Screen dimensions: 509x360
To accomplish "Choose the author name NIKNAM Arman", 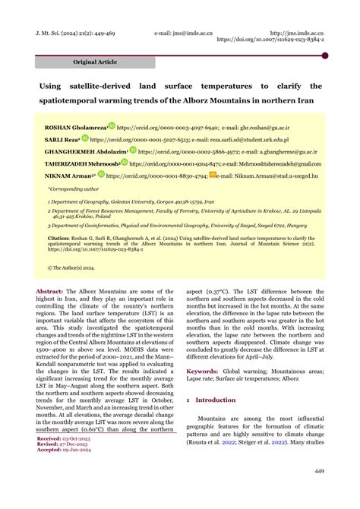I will click(69, 175).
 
